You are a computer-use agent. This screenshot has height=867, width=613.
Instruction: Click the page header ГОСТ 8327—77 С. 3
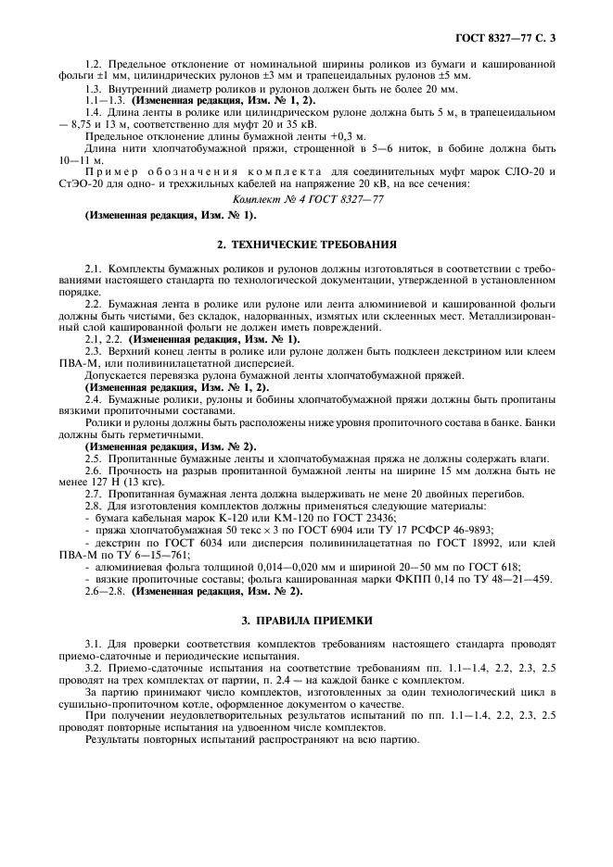510,38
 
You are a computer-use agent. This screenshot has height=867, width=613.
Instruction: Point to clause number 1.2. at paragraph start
95,63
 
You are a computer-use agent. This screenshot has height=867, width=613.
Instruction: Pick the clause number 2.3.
95,350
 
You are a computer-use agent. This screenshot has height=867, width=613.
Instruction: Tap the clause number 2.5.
95,459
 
